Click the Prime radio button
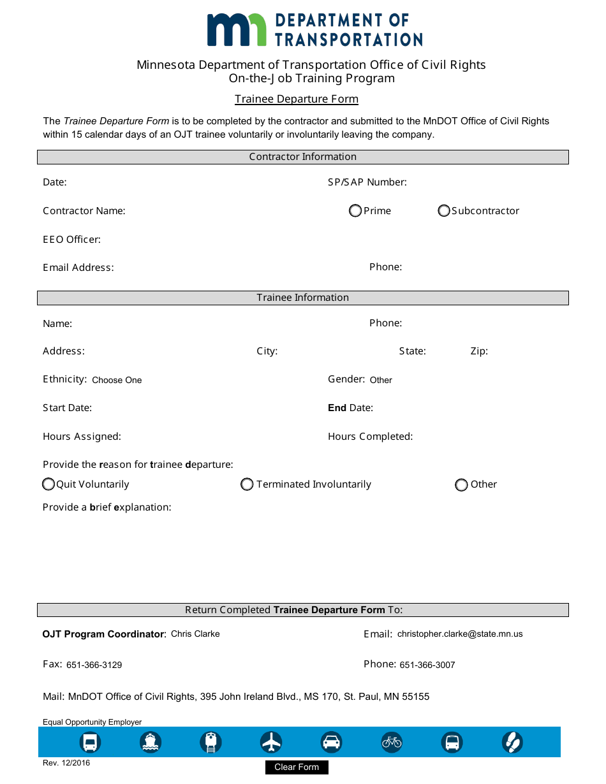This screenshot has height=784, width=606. click(x=355, y=211)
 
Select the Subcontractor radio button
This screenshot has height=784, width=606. click(x=444, y=211)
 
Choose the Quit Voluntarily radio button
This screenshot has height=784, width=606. click(x=48, y=485)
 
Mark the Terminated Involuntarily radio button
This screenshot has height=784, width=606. click(x=247, y=485)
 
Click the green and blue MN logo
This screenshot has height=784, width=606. click(x=237, y=29)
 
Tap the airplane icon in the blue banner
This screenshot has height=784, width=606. click(x=271, y=742)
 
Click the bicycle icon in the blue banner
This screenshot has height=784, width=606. click(x=392, y=742)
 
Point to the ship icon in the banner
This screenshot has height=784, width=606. click(x=151, y=742)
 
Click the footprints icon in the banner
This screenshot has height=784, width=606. click(x=512, y=742)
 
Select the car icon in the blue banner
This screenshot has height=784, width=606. click(x=331, y=742)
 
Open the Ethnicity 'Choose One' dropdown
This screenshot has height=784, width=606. click(x=117, y=381)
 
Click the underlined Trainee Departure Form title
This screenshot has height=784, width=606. click(x=297, y=99)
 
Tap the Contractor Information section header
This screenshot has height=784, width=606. click(x=303, y=157)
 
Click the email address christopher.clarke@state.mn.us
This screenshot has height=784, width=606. click(x=460, y=634)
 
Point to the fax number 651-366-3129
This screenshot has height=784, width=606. click(x=94, y=665)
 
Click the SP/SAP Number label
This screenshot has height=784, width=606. click(x=367, y=182)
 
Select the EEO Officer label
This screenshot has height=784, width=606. click(x=71, y=240)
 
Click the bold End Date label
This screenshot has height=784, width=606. click(x=350, y=408)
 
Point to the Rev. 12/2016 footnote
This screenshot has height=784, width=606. click(x=66, y=764)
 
